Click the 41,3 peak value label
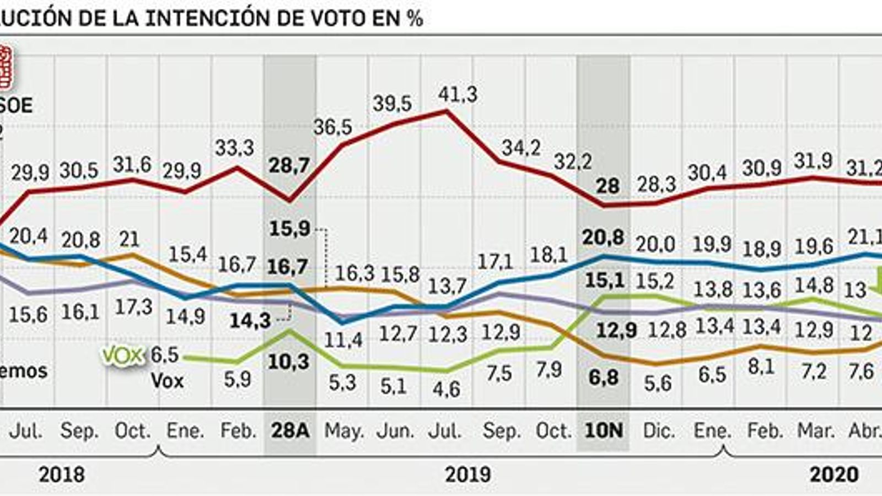pos(458,95)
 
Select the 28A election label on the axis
pos(290,430)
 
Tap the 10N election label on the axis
pos(603,430)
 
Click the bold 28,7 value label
pos(289,165)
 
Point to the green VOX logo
pos(122,356)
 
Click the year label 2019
pos(467,475)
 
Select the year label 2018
pos(62,475)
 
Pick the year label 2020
pos(833,475)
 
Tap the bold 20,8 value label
pos(604,238)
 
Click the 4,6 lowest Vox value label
pos(446,389)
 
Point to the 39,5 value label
pos(392,104)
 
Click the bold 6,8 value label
pos(604,378)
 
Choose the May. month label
pos(343,430)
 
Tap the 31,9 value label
pos(813,161)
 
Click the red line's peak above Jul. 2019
pos(446,111)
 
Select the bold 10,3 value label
pos(288,362)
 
